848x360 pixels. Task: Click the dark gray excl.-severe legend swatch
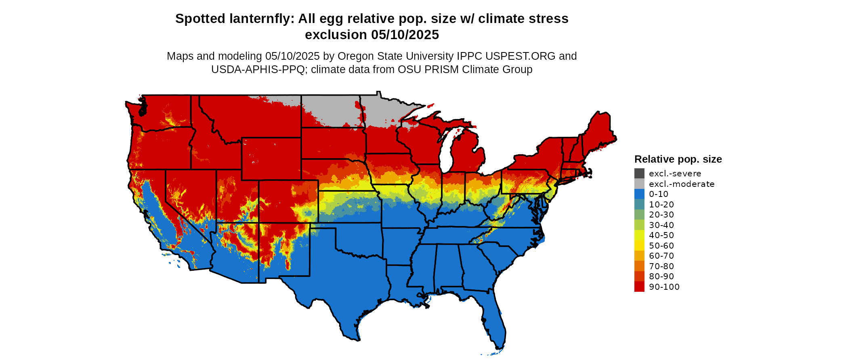[639, 174]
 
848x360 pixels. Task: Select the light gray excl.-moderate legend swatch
[639, 184]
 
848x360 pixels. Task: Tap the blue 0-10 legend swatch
[639, 194]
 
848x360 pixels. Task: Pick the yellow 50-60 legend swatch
[639, 245]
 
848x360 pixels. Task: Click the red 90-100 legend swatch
[639, 287]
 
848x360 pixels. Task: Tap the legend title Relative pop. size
[678, 159]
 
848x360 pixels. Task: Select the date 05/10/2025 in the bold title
[405, 35]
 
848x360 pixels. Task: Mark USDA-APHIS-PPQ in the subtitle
[258, 69]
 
